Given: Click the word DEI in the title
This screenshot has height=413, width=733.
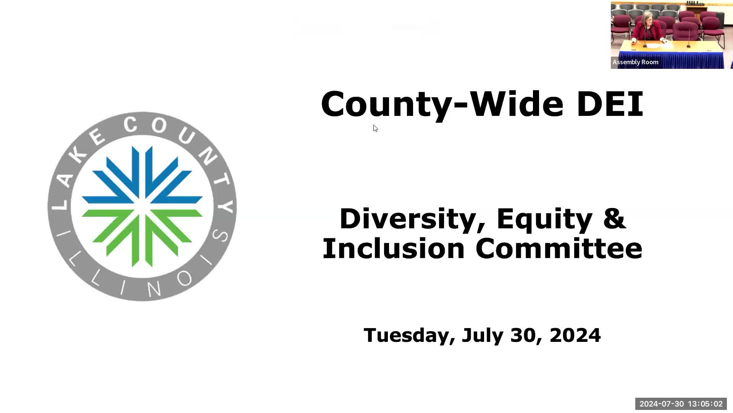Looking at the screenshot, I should (610, 104).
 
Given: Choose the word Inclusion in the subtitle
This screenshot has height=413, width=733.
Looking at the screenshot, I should (393, 249).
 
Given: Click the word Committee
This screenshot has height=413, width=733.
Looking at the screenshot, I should (559, 249).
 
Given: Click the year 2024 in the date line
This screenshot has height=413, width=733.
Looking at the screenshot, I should (575, 335).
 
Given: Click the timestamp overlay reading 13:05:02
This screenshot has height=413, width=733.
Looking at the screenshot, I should (705, 404).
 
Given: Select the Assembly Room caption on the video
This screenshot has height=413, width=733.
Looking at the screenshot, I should (635, 62).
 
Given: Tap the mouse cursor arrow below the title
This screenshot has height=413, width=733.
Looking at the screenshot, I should (375, 128).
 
